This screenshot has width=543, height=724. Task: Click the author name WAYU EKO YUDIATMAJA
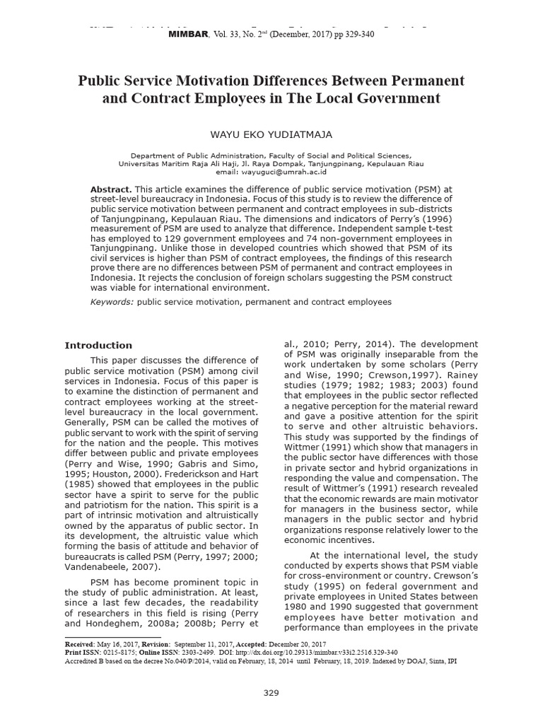[x=271, y=134]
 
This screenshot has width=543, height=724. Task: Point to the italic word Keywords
[x=112, y=302]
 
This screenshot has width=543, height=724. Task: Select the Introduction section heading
[x=98, y=346]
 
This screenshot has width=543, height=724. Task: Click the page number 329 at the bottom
[x=271, y=693]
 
